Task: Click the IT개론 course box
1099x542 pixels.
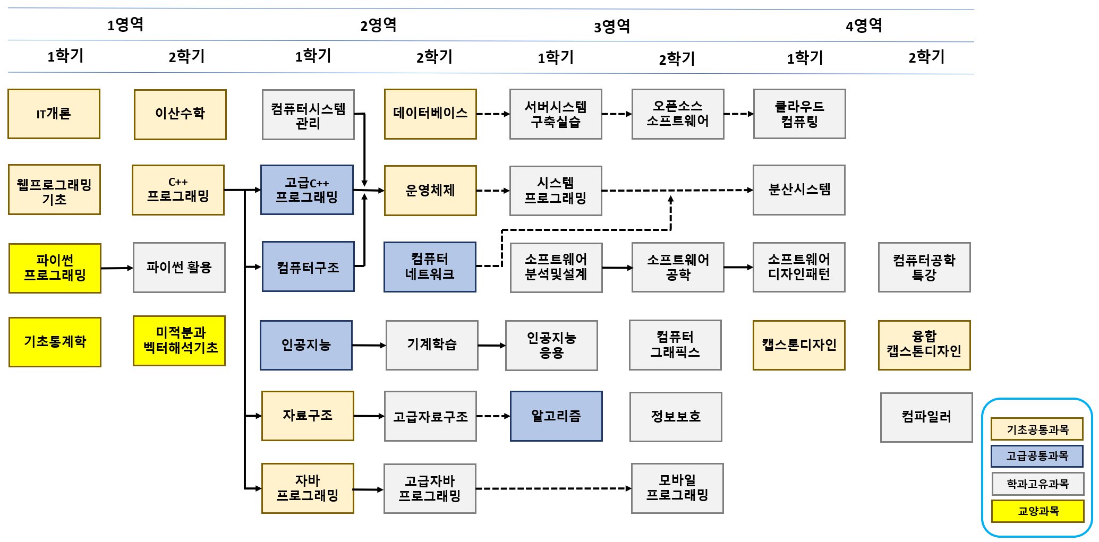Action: coord(54,114)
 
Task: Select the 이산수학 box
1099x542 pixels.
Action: coord(180,115)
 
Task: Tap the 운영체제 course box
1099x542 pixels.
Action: coord(430,191)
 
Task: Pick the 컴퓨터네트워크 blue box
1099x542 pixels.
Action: coord(430,267)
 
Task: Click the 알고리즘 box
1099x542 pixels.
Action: coord(556,416)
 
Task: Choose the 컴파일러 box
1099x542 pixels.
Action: coord(926,417)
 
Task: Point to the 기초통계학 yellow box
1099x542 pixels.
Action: coord(55,342)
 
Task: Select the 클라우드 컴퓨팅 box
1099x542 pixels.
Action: coord(799,114)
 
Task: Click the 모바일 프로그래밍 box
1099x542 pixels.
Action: coord(677,488)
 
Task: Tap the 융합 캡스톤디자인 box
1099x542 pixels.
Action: coord(924,345)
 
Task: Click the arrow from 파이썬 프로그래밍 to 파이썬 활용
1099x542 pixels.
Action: coord(117,268)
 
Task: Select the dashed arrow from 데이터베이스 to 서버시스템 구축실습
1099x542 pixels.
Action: coord(493,114)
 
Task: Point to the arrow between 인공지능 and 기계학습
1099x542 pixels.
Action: coord(369,346)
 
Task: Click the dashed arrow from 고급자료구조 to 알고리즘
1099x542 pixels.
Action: coord(493,416)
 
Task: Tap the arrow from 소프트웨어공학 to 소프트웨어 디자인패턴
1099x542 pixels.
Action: coord(738,268)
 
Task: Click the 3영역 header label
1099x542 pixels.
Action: coord(611,27)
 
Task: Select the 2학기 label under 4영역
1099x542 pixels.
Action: coord(926,57)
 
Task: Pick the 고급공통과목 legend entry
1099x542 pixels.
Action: coord(1037,456)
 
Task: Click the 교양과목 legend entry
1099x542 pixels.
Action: coord(1037,511)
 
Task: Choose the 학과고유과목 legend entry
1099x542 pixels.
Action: coord(1037,484)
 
